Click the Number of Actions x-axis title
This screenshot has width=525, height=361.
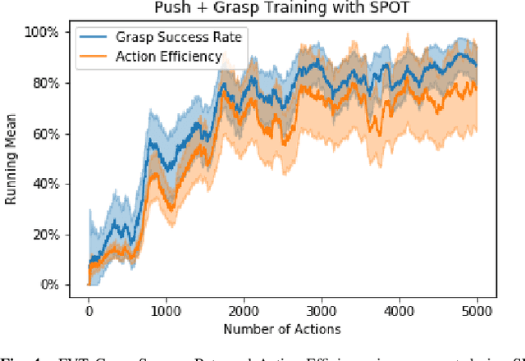pos(283,328)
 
